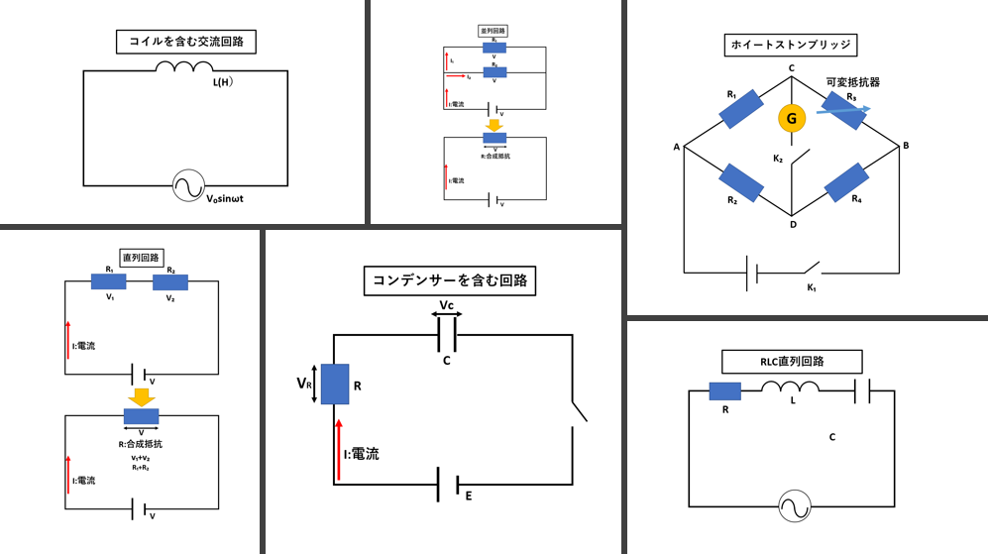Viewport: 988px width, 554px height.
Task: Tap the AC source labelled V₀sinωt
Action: (x=186, y=186)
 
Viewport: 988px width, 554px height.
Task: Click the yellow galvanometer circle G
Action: (x=791, y=118)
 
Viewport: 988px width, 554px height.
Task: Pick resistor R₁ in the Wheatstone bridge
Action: (x=740, y=109)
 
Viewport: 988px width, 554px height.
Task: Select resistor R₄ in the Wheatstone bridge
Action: (x=845, y=182)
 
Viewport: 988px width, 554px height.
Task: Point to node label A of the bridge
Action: (x=676, y=148)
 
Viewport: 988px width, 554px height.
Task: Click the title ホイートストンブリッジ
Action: (x=791, y=45)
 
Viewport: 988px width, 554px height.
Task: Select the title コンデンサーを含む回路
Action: (x=450, y=280)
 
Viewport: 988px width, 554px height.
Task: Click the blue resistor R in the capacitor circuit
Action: (x=336, y=384)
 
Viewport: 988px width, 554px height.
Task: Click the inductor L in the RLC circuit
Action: (x=790, y=391)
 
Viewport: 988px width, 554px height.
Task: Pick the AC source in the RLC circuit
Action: (x=791, y=506)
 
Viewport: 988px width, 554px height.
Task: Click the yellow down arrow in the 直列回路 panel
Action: (x=142, y=396)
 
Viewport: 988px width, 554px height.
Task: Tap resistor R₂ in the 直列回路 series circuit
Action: (x=170, y=282)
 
